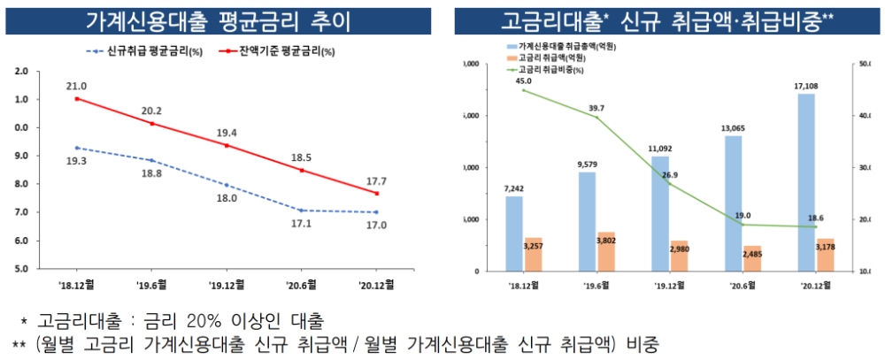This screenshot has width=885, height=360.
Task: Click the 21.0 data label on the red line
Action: click(x=76, y=86)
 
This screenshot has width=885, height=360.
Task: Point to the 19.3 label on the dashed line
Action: click(x=76, y=162)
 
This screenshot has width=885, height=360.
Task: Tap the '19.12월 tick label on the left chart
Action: click(x=226, y=284)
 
